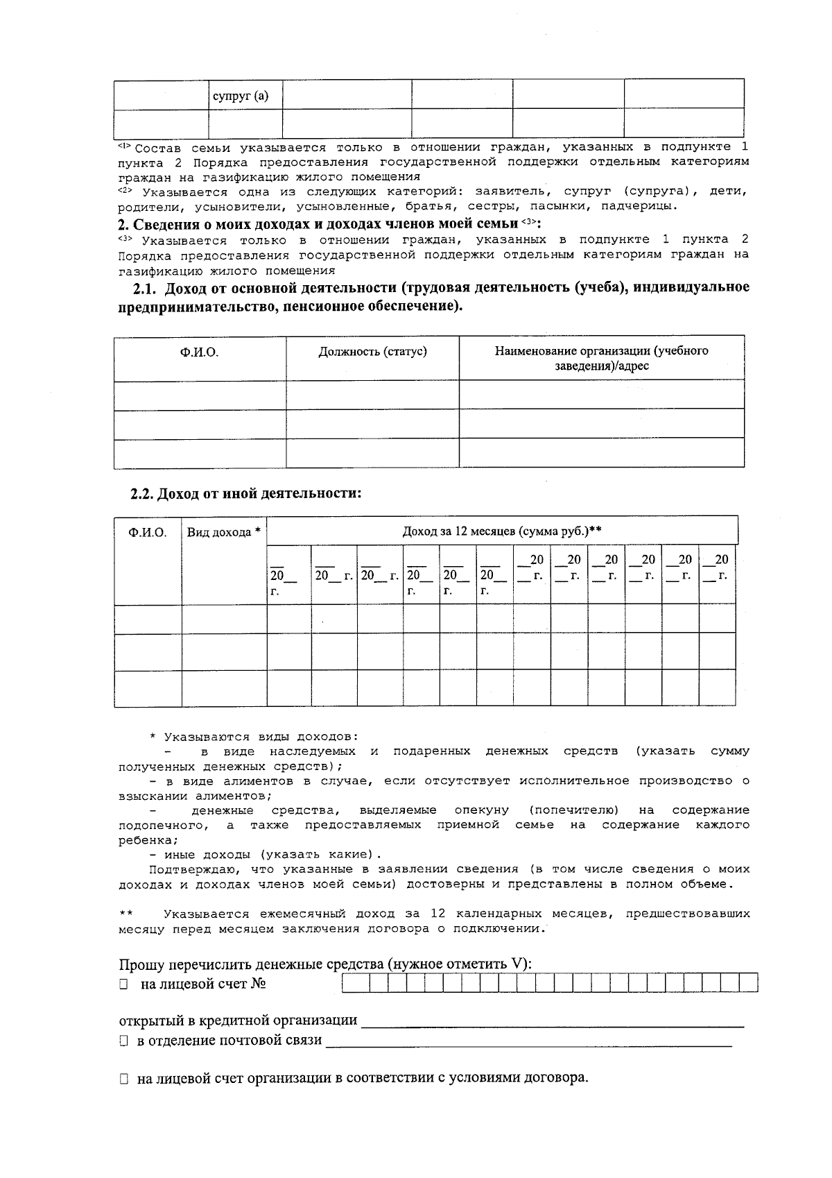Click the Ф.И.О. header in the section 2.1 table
[x=200, y=352]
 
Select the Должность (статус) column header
[x=372, y=352]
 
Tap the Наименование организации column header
[x=601, y=358]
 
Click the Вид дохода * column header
[x=224, y=533]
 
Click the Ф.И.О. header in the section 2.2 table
[x=147, y=533]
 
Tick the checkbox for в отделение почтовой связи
[x=123, y=1041]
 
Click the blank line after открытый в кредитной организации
[x=553, y=1022]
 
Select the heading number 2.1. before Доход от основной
[x=146, y=287]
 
